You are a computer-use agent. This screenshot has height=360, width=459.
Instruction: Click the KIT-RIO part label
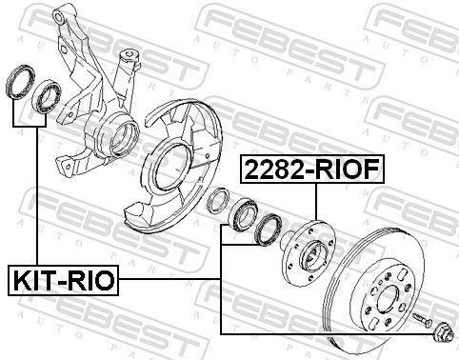(x=63, y=280)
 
